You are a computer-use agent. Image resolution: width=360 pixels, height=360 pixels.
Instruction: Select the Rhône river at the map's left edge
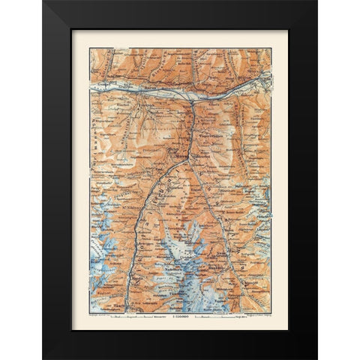[91, 88]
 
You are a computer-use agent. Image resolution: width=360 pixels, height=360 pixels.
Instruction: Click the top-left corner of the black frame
[43, 1]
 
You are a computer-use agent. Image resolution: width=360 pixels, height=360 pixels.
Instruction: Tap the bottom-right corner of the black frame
[316, 358]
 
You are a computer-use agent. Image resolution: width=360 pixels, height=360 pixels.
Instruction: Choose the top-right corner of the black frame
[316, 1]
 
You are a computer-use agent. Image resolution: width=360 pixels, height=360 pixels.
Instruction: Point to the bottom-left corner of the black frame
[43, 358]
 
